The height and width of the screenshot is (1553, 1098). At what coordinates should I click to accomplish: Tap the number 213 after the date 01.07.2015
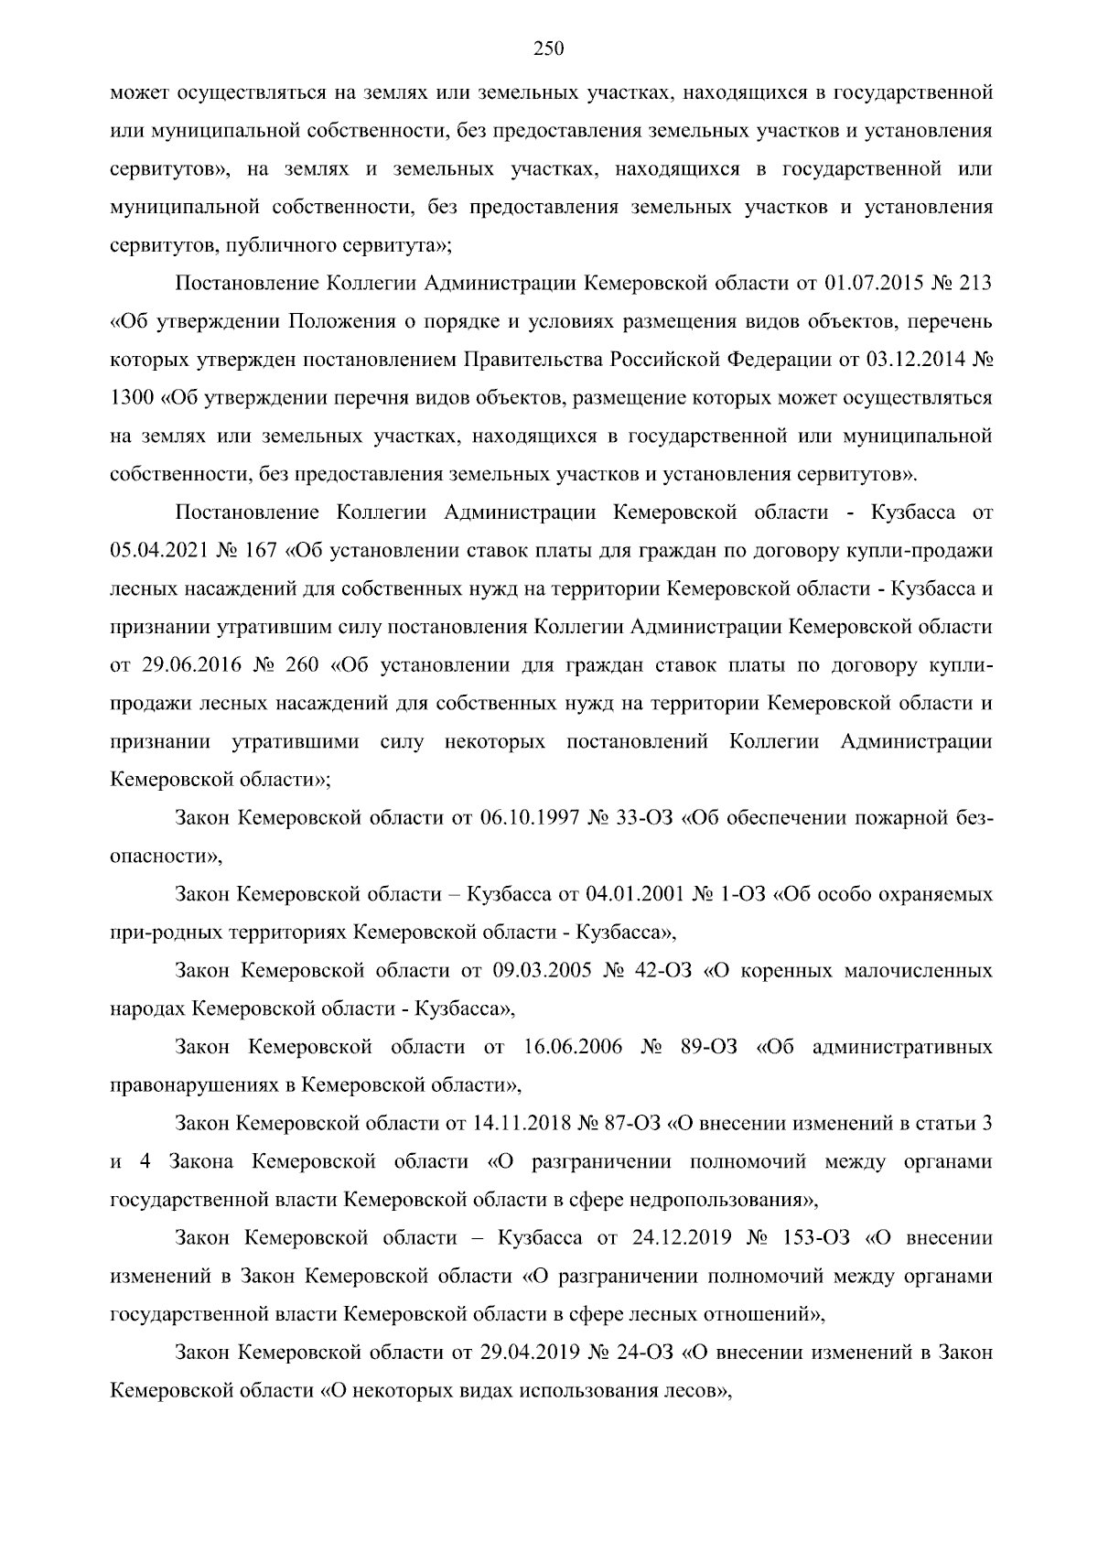[974, 284]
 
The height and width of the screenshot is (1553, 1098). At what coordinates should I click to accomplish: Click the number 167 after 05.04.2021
[259, 552]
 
